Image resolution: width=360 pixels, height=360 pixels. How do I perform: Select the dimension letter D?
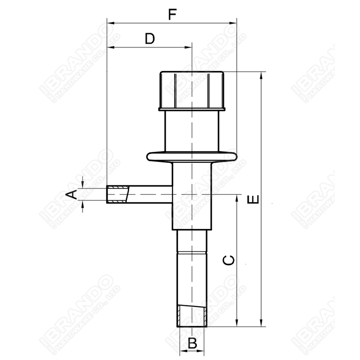[x=150, y=39]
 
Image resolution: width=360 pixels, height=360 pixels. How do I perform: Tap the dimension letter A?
[x=71, y=194]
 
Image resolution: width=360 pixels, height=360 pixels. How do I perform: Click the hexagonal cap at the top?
[x=192, y=90]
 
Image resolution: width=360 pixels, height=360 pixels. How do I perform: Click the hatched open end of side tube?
[x=118, y=194]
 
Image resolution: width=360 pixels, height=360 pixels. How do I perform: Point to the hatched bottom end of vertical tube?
[x=192, y=317]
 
